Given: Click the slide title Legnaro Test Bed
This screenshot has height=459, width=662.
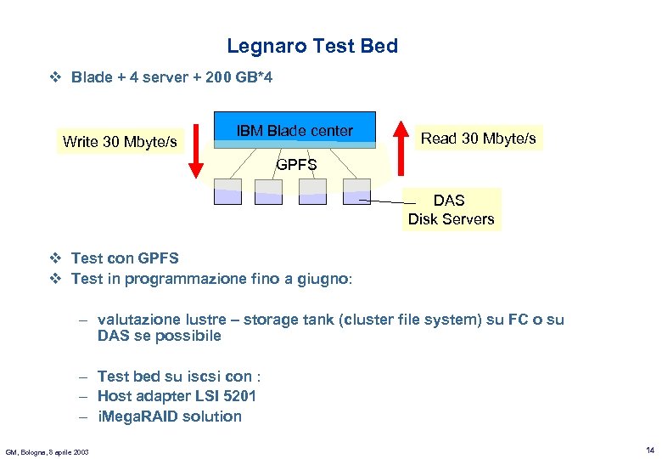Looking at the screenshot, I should coord(312,46).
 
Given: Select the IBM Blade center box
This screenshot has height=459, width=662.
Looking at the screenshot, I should coord(295,130).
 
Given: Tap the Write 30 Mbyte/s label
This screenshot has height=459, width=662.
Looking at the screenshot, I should coord(120,141).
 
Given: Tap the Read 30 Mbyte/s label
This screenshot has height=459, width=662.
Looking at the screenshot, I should coord(479,138).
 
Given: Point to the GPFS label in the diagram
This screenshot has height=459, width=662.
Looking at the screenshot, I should coord(296,165).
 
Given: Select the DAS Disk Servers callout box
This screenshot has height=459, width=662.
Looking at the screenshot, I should coord(451,209).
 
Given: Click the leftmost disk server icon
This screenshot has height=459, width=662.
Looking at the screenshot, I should coord(227,191).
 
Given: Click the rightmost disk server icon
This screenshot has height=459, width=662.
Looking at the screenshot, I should coord(356,191).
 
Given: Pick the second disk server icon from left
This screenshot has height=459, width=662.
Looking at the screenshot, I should coord(270,191).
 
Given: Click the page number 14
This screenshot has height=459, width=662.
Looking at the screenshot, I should coord(649,450).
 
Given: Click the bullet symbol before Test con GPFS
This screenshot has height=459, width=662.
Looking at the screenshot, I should coord(55,258).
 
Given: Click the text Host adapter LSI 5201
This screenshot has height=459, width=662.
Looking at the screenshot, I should coord(177,396).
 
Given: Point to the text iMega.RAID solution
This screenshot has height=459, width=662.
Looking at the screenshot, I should coord(170,416).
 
